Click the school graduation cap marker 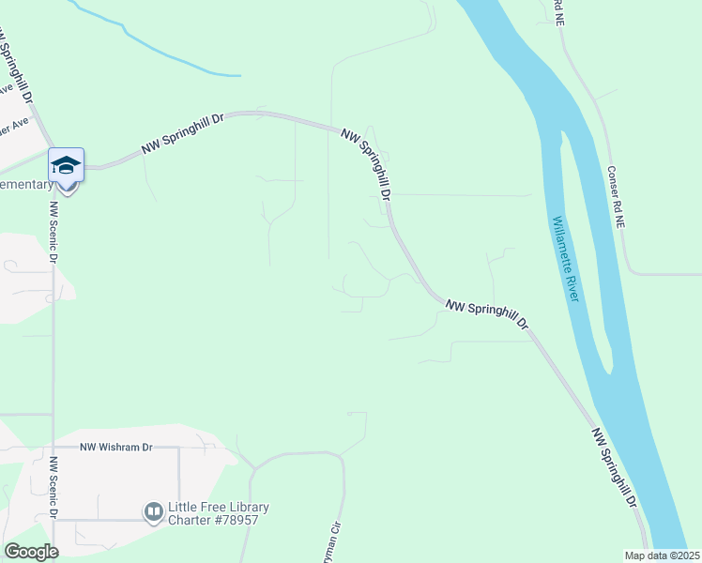point(67,165)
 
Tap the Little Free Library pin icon point(153,512)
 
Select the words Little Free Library point(218,508)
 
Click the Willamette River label point(566,259)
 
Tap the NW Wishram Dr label point(115,448)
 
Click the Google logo point(31,552)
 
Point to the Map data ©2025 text point(661,555)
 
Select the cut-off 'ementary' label point(26,185)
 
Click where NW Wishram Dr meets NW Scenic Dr point(53,448)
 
